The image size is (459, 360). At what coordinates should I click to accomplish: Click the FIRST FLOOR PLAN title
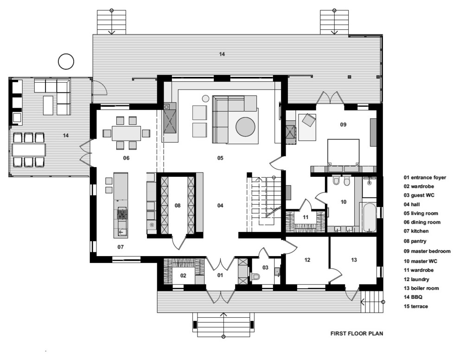coord(357,334)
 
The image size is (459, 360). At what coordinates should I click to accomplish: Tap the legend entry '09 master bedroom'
coord(427,251)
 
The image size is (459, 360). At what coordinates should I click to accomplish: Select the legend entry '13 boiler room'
coord(421,288)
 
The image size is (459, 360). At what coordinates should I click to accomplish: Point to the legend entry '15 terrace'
coord(416,306)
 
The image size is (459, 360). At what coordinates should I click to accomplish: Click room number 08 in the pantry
coord(178,206)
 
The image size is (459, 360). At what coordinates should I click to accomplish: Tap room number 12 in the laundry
coord(307,260)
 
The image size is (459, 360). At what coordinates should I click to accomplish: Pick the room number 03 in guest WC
coord(265,267)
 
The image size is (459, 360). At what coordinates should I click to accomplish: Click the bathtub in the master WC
coord(370,217)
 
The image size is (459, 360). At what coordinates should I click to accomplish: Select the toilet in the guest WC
coord(255,276)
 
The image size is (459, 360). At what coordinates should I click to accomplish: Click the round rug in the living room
coord(245,127)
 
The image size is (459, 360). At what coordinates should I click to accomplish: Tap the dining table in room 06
coord(126,133)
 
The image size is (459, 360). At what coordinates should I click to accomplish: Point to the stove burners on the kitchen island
coord(122,213)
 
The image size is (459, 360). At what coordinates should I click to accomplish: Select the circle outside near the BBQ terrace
coord(66,62)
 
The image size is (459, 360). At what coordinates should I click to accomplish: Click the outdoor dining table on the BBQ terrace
coord(29,150)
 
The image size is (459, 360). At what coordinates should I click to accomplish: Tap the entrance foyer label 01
coord(220,276)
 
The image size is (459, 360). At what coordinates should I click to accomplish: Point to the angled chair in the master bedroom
coord(309,120)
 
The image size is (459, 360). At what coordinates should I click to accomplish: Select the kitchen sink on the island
coord(122,232)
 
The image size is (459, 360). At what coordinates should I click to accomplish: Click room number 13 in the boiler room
coord(354,260)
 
